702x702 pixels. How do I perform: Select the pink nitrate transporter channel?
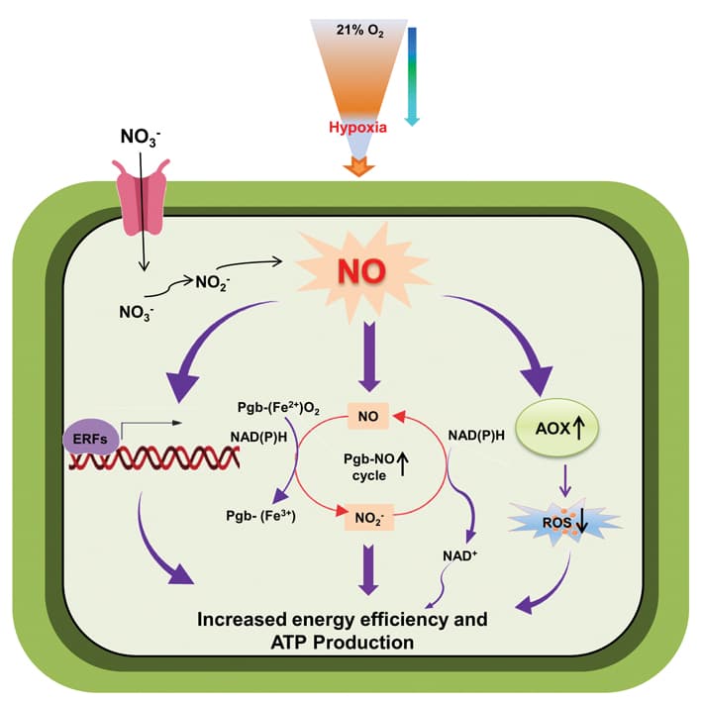pyautogui.click(x=145, y=194)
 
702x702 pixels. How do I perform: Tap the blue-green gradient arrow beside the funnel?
pyautogui.click(x=413, y=75)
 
